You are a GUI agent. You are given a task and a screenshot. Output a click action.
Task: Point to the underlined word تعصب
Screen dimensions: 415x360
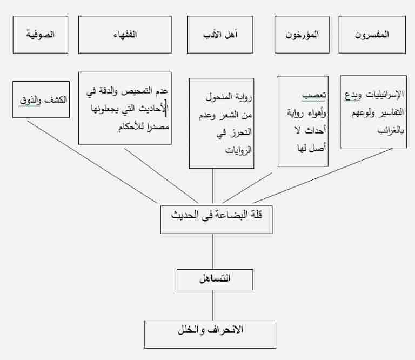point(314,95)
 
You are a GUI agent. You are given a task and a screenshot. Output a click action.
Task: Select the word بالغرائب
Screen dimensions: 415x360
point(391,130)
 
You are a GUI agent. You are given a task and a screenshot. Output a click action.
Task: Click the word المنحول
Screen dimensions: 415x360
point(219,97)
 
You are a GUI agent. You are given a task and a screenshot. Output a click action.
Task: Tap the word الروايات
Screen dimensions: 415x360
point(238,150)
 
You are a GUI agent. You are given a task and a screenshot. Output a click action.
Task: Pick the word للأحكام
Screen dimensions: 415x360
point(132,127)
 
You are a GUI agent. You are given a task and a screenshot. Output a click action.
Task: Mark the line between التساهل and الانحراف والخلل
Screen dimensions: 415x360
point(212,305)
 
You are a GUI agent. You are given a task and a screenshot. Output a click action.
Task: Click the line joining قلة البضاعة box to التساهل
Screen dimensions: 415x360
point(212,251)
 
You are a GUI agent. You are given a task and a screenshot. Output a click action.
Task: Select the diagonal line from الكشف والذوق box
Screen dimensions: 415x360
point(92,162)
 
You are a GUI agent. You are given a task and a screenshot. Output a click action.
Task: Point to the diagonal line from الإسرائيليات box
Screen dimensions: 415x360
point(323,176)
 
